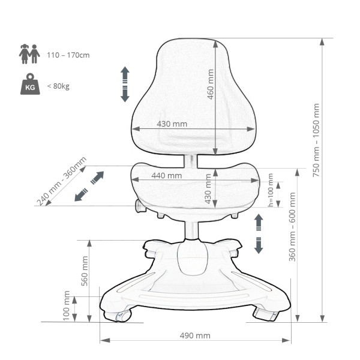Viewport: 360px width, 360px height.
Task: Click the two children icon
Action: click(x=29, y=54)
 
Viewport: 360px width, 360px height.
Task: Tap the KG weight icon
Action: click(x=30, y=84)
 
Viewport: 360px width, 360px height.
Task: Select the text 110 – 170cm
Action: click(x=68, y=55)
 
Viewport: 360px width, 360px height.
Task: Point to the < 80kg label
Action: click(x=58, y=86)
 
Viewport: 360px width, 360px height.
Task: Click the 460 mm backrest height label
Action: click(x=211, y=84)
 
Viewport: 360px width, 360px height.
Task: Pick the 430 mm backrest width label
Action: click(x=172, y=124)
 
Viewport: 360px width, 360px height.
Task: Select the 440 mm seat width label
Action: click(x=167, y=176)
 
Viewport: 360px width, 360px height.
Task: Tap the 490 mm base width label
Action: click(x=195, y=335)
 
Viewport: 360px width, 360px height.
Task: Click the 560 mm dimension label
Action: click(x=85, y=271)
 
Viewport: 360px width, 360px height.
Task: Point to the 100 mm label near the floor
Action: click(x=66, y=305)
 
